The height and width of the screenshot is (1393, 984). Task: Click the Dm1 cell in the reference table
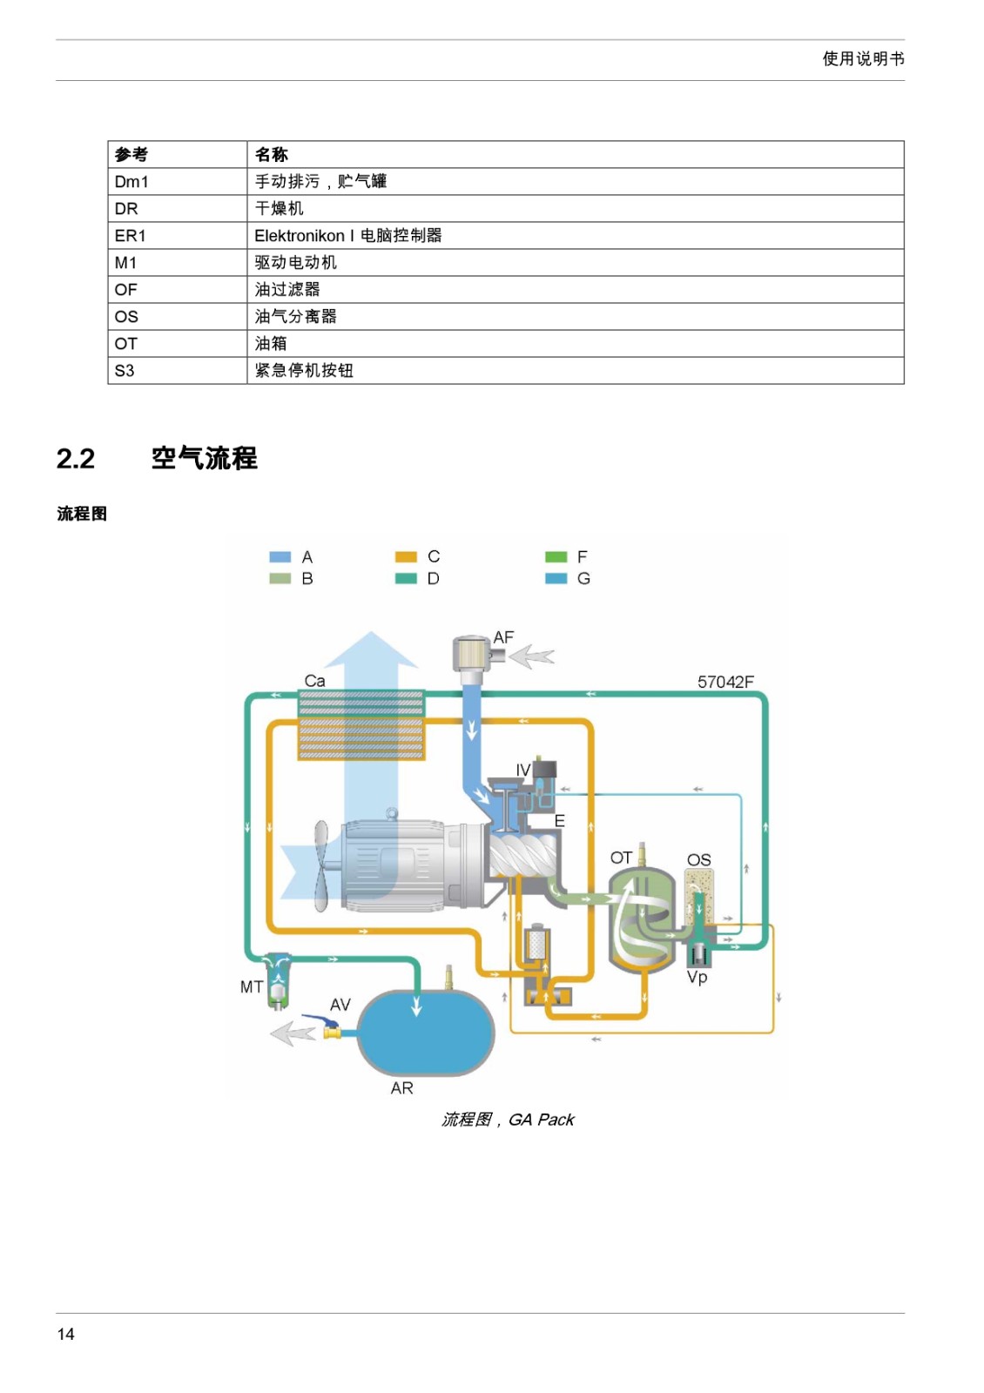click(x=178, y=182)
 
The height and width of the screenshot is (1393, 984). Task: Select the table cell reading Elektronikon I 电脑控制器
click(x=576, y=236)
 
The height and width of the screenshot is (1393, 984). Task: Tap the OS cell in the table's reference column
click(x=178, y=317)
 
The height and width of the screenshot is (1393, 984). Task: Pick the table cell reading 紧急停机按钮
click(x=576, y=371)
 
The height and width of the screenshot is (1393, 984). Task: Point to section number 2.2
click(x=75, y=459)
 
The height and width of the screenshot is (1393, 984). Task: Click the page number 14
click(x=65, y=1333)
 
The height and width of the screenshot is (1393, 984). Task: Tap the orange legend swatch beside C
click(x=406, y=557)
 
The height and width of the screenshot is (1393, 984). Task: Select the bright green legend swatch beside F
click(x=556, y=557)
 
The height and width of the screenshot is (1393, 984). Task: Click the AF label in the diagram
click(x=503, y=637)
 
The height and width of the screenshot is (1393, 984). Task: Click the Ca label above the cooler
click(x=314, y=681)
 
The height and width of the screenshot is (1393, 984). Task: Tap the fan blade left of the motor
click(x=320, y=865)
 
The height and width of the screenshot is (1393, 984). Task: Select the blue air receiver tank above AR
click(x=426, y=1033)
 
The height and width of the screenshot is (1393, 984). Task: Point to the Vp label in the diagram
click(x=697, y=978)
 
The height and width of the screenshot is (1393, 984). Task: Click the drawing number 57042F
click(x=725, y=683)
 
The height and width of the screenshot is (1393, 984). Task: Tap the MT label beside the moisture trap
click(x=252, y=987)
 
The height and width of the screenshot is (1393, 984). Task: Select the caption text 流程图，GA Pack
click(x=508, y=1120)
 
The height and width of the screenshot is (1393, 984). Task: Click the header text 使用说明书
click(x=863, y=59)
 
